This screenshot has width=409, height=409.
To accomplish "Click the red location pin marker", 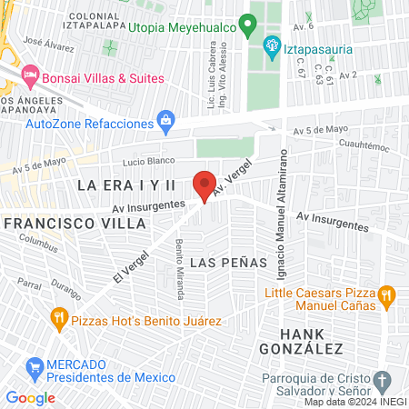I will click(x=204, y=185).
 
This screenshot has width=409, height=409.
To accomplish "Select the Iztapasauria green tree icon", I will click(x=270, y=45).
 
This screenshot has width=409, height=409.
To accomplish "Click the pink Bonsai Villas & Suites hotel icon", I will click(x=29, y=73).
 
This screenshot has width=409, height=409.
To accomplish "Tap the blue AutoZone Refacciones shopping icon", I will click(x=165, y=119).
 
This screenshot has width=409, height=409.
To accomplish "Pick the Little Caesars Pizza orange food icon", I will click(x=385, y=294).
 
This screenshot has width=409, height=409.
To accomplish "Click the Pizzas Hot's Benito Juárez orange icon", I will click(x=59, y=317).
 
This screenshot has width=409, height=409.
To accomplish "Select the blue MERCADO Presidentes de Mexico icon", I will click(x=35, y=367).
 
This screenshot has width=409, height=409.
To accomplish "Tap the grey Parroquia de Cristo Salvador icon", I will click(x=382, y=380).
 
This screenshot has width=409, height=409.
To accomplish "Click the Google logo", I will click(x=30, y=397).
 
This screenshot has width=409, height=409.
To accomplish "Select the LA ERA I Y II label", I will click(x=125, y=185).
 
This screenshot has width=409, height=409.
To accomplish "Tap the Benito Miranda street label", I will click(x=180, y=269).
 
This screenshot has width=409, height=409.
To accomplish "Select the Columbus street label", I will click(x=38, y=243).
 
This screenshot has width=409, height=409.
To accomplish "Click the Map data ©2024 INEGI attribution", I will click(x=354, y=402).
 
